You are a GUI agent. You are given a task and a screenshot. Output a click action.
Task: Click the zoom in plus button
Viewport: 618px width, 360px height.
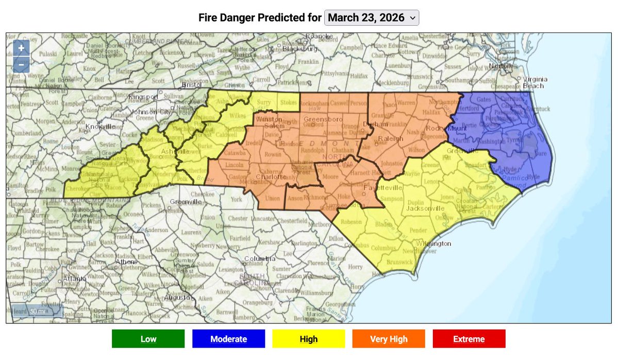(21, 48)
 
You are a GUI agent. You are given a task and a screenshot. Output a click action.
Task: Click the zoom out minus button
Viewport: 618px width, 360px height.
(21, 64)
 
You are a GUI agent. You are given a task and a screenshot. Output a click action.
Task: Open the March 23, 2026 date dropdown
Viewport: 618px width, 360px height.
(372, 18)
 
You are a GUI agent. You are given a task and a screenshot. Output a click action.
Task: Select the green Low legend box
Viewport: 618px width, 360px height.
(148, 339)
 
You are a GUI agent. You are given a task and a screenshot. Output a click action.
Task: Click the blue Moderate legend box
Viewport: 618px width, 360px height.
(228, 339)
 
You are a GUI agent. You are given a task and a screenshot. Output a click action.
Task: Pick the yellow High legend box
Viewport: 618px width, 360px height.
(308, 339)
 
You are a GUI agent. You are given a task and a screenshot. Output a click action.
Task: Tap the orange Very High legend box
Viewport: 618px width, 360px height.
(388, 339)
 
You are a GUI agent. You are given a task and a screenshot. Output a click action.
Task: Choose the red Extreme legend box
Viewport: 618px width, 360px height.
(469, 339)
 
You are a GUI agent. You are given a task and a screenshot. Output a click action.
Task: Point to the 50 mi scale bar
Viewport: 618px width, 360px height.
(37, 311)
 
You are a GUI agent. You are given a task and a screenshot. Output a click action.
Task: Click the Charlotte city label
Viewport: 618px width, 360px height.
(271, 177)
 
